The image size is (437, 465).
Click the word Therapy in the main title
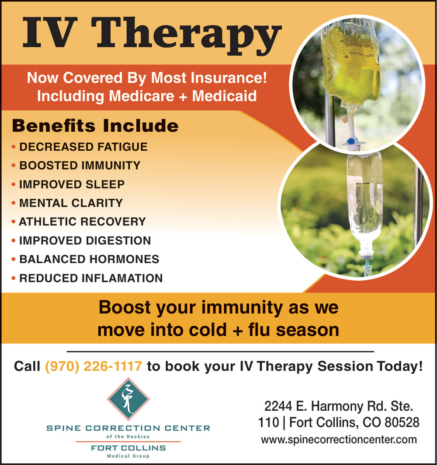(x=187, y=35)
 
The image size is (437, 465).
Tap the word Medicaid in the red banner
(x=224, y=96)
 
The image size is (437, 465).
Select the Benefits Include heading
(x=95, y=126)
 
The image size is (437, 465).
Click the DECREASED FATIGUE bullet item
(x=83, y=147)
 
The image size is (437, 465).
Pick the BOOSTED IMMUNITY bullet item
(x=80, y=166)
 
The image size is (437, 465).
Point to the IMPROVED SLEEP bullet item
(x=72, y=184)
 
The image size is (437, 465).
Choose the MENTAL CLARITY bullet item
(x=71, y=203)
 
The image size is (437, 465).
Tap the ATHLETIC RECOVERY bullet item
(x=82, y=222)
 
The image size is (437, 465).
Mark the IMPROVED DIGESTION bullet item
(x=85, y=240)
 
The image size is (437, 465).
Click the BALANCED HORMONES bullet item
(x=89, y=259)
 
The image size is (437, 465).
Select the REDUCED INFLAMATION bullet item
(x=91, y=278)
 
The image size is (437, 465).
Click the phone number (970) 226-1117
(x=94, y=366)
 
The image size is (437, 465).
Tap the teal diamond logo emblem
(x=128, y=399)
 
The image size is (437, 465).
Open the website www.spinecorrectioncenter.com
(x=339, y=440)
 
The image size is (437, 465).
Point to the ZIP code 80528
(x=402, y=422)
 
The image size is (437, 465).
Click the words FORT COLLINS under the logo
(x=128, y=448)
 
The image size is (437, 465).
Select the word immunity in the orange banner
(x=242, y=307)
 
